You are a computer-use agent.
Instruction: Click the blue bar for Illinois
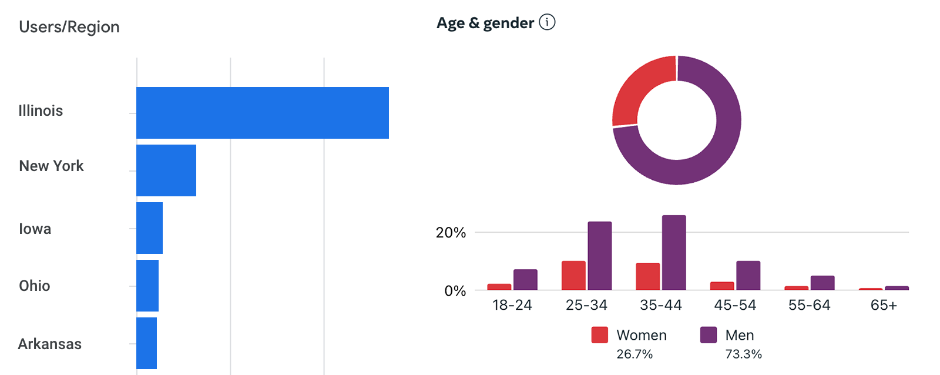(x=262, y=113)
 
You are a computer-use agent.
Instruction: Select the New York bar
(x=166, y=170)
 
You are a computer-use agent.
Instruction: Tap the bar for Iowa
(x=149, y=228)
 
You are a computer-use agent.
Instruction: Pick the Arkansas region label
(x=50, y=344)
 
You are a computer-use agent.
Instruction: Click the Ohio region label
(x=35, y=286)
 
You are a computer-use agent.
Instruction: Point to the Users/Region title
(x=69, y=27)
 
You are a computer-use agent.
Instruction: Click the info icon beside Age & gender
(x=547, y=22)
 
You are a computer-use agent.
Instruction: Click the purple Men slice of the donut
(x=705, y=153)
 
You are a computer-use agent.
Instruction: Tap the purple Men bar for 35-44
(x=674, y=253)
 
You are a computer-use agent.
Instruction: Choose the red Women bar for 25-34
(x=573, y=276)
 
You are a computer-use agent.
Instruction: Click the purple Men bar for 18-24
(x=525, y=280)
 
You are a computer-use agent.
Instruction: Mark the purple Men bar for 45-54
(x=748, y=276)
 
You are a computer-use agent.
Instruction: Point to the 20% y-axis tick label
(x=451, y=233)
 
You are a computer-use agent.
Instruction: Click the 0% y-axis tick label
(x=455, y=291)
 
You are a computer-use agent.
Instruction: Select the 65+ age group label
(x=884, y=305)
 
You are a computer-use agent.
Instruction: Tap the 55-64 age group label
(x=809, y=305)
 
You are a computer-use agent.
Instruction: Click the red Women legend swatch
(x=599, y=335)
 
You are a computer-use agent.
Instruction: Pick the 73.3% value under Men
(x=743, y=354)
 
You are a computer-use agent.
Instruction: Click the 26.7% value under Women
(x=634, y=354)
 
